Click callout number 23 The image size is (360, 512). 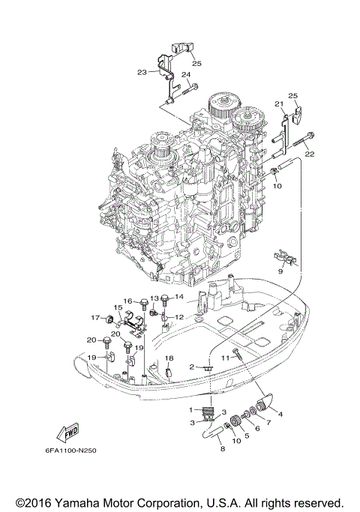coord(142,73)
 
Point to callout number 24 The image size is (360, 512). coord(184,75)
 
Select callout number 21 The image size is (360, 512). coord(277,103)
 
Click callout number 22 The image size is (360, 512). coord(307,154)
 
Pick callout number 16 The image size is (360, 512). coord(127,301)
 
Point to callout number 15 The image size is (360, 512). coord(118,308)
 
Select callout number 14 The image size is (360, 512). coord(178,298)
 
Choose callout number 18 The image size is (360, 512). coord(169,358)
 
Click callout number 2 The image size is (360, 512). coord(192,367)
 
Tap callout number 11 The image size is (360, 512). coord(225,359)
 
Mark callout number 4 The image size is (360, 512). coord(280,413)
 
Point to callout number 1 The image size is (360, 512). coord(191,409)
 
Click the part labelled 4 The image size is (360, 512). coord(264,406)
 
